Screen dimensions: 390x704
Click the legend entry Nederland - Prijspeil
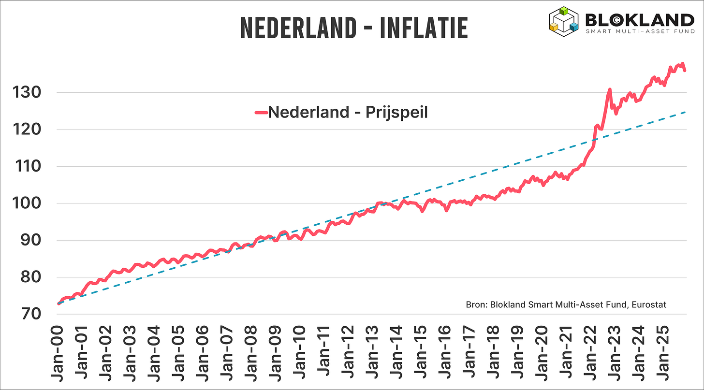point(348,112)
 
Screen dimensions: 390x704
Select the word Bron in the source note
point(476,304)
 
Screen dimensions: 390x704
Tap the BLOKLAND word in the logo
point(639,20)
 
